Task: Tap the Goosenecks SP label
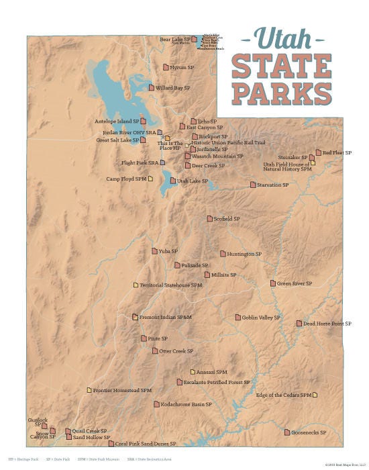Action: pos(309,432)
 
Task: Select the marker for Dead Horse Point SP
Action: pos(299,324)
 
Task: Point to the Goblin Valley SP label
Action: pos(261,317)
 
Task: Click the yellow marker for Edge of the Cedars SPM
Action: pos(315,395)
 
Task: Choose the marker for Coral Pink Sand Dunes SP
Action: pos(111,443)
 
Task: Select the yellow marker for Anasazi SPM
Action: pos(193,371)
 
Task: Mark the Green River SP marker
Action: pos(273,283)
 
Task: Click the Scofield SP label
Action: pos(226,219)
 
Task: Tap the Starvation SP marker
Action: pos(253,185)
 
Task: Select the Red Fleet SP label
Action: pos(337,152)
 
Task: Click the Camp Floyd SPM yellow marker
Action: pos(150,179)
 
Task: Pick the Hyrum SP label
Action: pos(181,67)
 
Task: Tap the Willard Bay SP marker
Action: pos(152,87)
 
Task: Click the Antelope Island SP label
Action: pos(117,122)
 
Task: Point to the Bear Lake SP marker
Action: pos(194,40)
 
